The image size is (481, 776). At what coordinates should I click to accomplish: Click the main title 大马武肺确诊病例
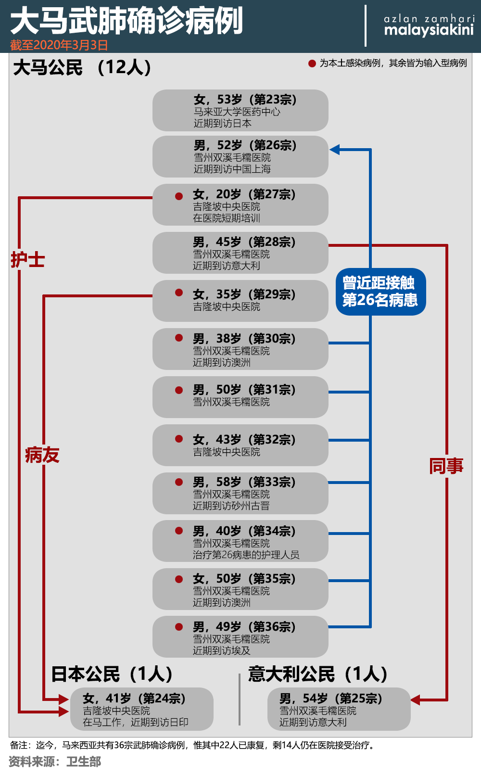coord(127,21)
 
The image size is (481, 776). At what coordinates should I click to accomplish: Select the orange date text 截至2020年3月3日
coord(59,45)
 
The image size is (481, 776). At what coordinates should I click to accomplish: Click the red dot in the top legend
coord(312,64)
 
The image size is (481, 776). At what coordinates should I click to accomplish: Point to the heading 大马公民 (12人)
coord(82,67)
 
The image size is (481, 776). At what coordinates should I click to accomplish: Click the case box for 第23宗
coord(240,111)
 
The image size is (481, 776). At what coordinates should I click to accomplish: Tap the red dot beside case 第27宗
coord(178,196)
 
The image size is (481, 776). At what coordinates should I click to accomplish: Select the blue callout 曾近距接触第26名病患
coord(380,292)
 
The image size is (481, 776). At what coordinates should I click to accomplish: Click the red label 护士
coord(28,259)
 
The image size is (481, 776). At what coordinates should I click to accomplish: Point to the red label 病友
coord(42,455)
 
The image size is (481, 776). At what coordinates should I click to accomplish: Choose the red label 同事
coord(446,466)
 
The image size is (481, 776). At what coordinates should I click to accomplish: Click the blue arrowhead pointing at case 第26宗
coord(334,150)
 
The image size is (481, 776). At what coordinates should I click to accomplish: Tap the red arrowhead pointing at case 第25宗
coord(415,700)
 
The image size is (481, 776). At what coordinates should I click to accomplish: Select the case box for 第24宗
coord(141,709)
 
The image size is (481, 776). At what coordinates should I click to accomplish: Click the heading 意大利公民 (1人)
coord(317,674)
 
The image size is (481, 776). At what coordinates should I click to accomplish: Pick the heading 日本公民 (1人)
coord(112,674)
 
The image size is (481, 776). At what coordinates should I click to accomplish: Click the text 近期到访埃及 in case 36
coord(222,650)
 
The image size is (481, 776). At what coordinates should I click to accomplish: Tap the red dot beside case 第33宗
coord(178,482)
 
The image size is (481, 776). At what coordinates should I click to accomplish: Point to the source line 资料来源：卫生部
coord(55,762)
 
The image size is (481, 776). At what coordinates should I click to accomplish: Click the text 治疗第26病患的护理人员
coord(246,555)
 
